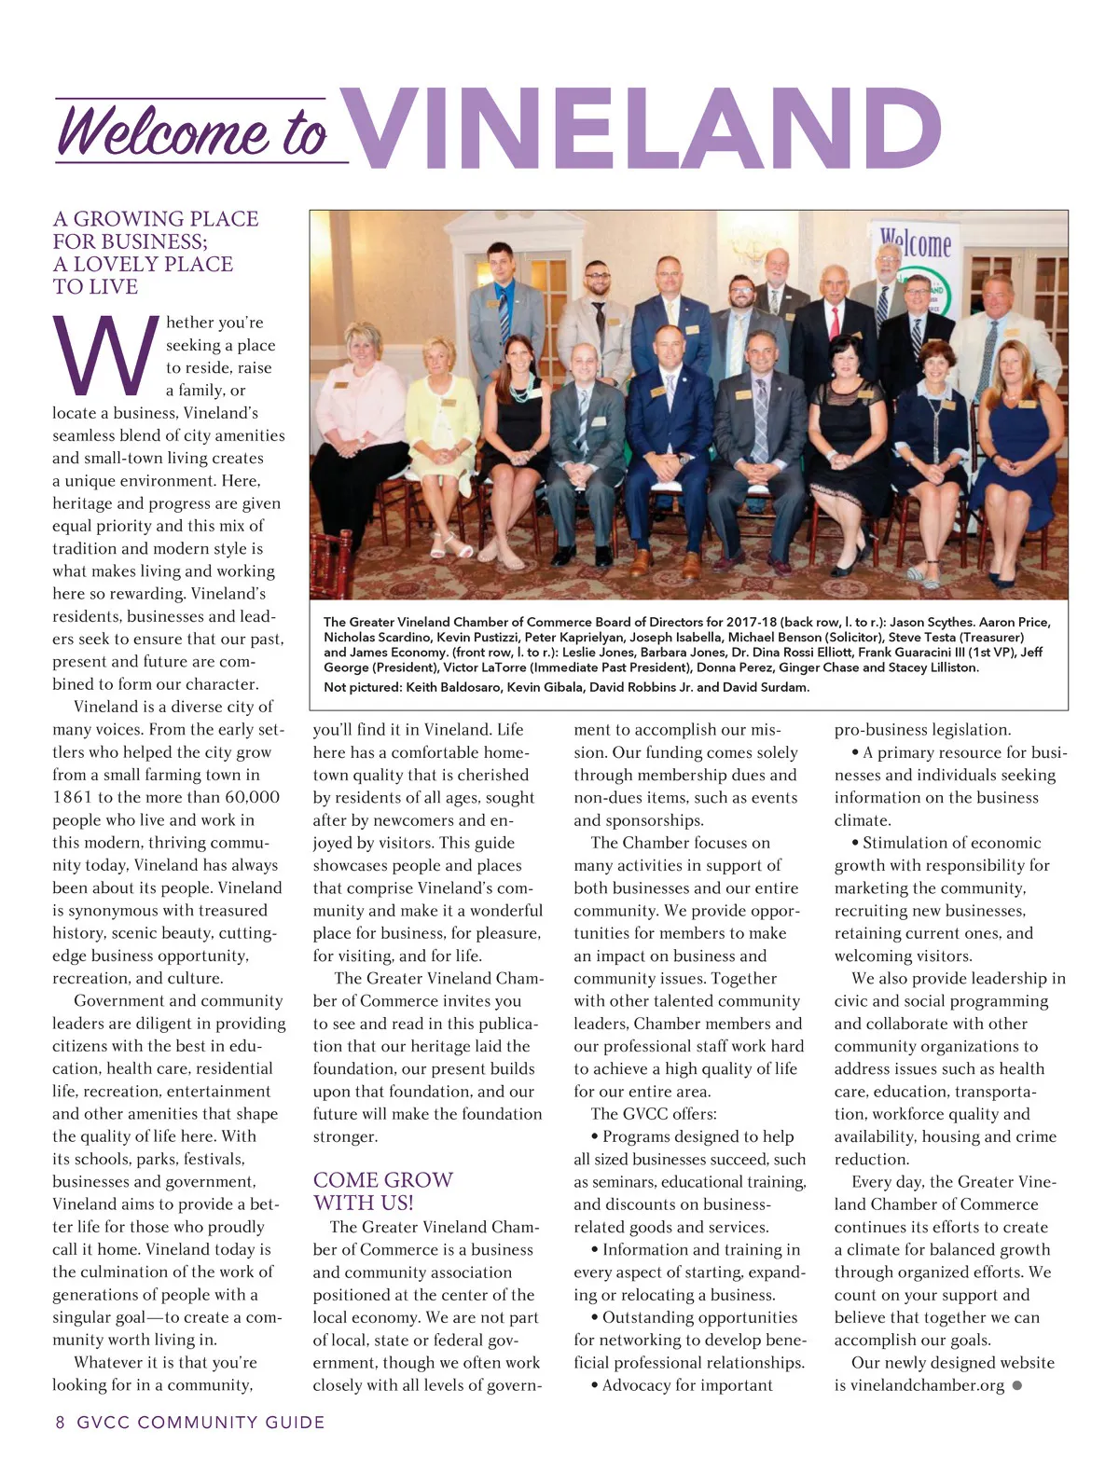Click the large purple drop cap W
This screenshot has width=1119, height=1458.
(105, 356)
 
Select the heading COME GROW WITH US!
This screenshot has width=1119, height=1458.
(383, 1191)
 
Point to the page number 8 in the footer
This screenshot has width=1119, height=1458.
(61, 1423)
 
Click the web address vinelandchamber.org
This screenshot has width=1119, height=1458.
(927, 1385)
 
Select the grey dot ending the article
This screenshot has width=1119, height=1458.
(1017, 1385)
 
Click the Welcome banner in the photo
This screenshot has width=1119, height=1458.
(917, 245)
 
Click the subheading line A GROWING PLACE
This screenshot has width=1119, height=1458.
(156, 219)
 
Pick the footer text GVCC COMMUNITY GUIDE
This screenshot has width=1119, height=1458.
(200, 1423)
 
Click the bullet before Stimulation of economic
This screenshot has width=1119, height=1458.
(855, 844)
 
